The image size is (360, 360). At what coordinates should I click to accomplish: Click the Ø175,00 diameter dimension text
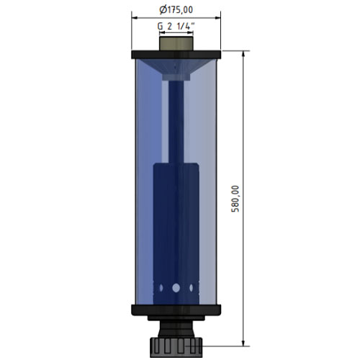pos(176,10)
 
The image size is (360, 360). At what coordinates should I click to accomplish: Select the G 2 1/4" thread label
pos(176,26)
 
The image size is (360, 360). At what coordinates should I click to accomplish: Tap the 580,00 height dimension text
pos(235,199)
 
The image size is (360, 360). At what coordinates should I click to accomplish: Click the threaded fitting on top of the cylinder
pos(176,43)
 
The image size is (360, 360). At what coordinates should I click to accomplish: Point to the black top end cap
pos(176,55)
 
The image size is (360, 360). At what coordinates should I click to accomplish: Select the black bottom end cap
pos(176,310)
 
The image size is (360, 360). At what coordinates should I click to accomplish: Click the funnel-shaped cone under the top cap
pos(176,67)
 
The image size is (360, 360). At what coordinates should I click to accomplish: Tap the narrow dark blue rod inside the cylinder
pos(176,122)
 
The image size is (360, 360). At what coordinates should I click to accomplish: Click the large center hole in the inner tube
pos(176,288)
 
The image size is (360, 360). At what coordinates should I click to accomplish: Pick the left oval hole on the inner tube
pos(161,288)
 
